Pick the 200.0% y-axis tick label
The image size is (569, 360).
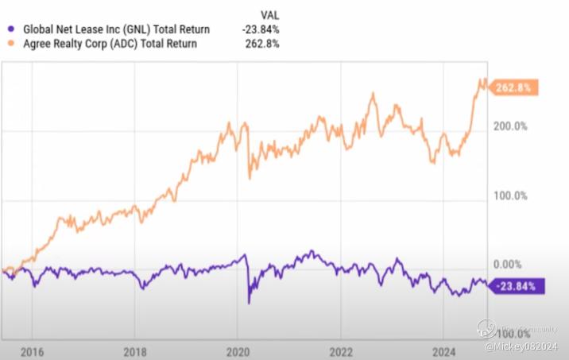click(x=512, y=126)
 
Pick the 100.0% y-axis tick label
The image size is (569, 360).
click(x=512, y=195)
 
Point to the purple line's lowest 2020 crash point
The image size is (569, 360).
click(x=249, y=303)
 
